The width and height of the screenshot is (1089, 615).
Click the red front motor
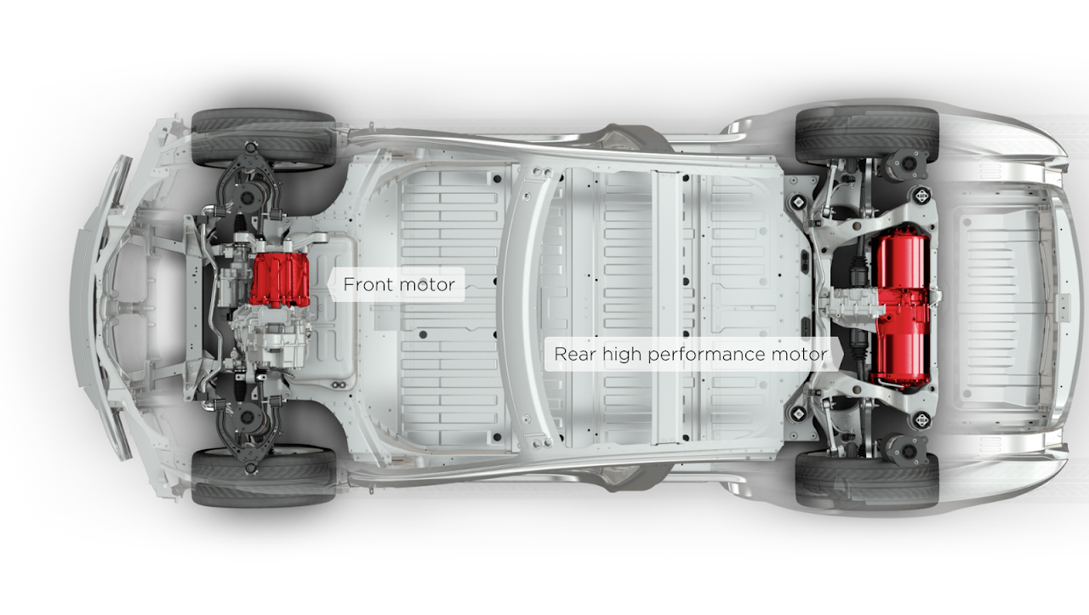(x=280, y=280)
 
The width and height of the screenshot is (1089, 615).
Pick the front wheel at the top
(x=264, y=138)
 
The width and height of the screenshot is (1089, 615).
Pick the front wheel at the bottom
(x=264, y=478)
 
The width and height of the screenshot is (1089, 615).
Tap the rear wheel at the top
(x=867, y=135)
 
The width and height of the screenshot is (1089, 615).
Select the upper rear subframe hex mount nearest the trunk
(x=921, y=196)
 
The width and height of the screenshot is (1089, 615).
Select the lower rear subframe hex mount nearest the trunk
(x=921, y=420)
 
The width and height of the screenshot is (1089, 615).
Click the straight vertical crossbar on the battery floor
(x=667, y=308)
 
